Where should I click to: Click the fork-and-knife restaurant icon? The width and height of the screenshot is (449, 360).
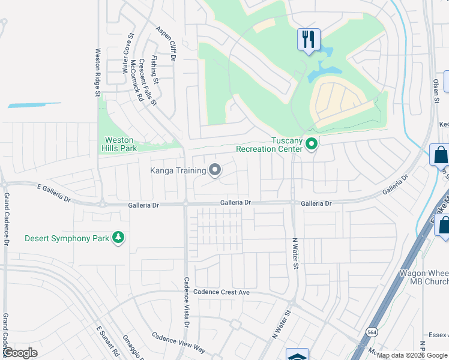tap(309, 40)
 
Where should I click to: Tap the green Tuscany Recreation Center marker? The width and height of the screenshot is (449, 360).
tap(311, 144)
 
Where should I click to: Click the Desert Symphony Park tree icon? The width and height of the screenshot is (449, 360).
tap(119, 238)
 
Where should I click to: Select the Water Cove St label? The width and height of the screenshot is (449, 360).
tap(127, 53)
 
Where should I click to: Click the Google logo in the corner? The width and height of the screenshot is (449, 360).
tap(20, 353)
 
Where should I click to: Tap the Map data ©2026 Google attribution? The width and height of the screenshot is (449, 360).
tap(412, 355)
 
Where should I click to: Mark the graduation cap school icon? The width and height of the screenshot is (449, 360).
tap(297, 355)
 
